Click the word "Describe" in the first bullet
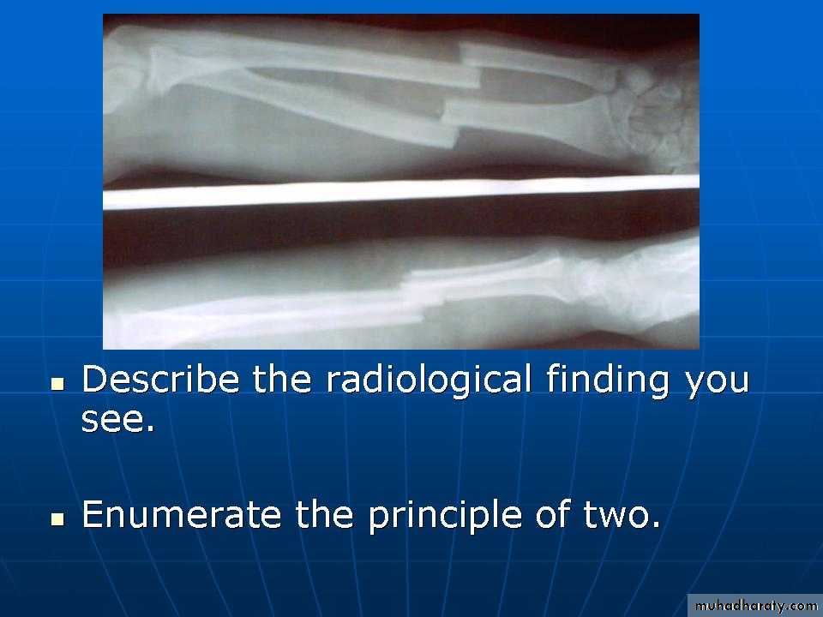point(160,379)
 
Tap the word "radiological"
point(429,379)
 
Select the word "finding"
point(607,380)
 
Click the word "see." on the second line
point(118,420)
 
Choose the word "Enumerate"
point(181,514)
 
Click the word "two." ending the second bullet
point(622,515)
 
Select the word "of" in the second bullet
point(552,513)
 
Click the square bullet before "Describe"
point(57,384)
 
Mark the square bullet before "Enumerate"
point(57,519)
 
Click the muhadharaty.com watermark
point(755,606)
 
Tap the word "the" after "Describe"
point(282,379)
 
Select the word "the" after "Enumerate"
point(324,514)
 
